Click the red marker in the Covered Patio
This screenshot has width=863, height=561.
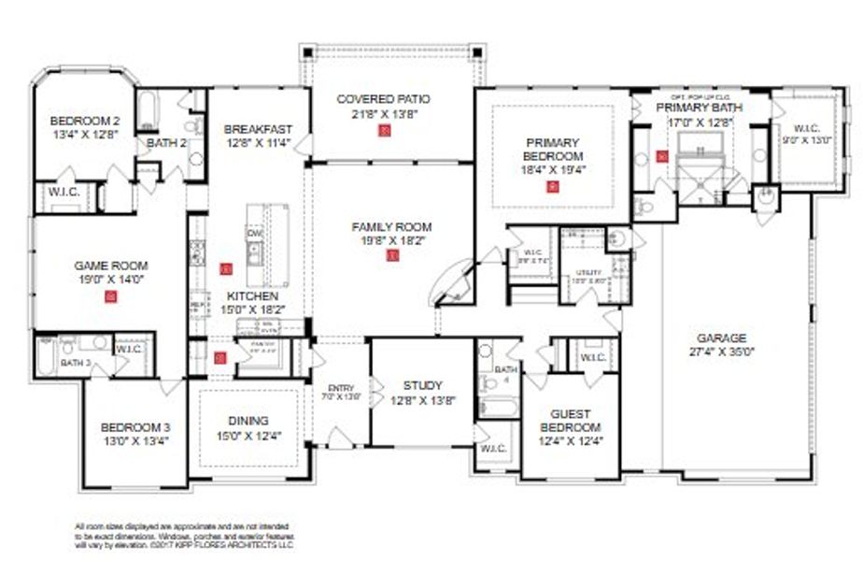pos(383,131)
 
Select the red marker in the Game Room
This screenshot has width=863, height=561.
pos(111,297)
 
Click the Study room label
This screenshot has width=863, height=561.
pos(422,385)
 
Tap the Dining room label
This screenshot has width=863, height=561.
pos(248,420)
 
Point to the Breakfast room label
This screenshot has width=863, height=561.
pos(258,129)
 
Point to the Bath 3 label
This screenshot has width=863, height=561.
pos(75,361)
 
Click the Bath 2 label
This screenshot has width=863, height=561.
pos(167,143)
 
